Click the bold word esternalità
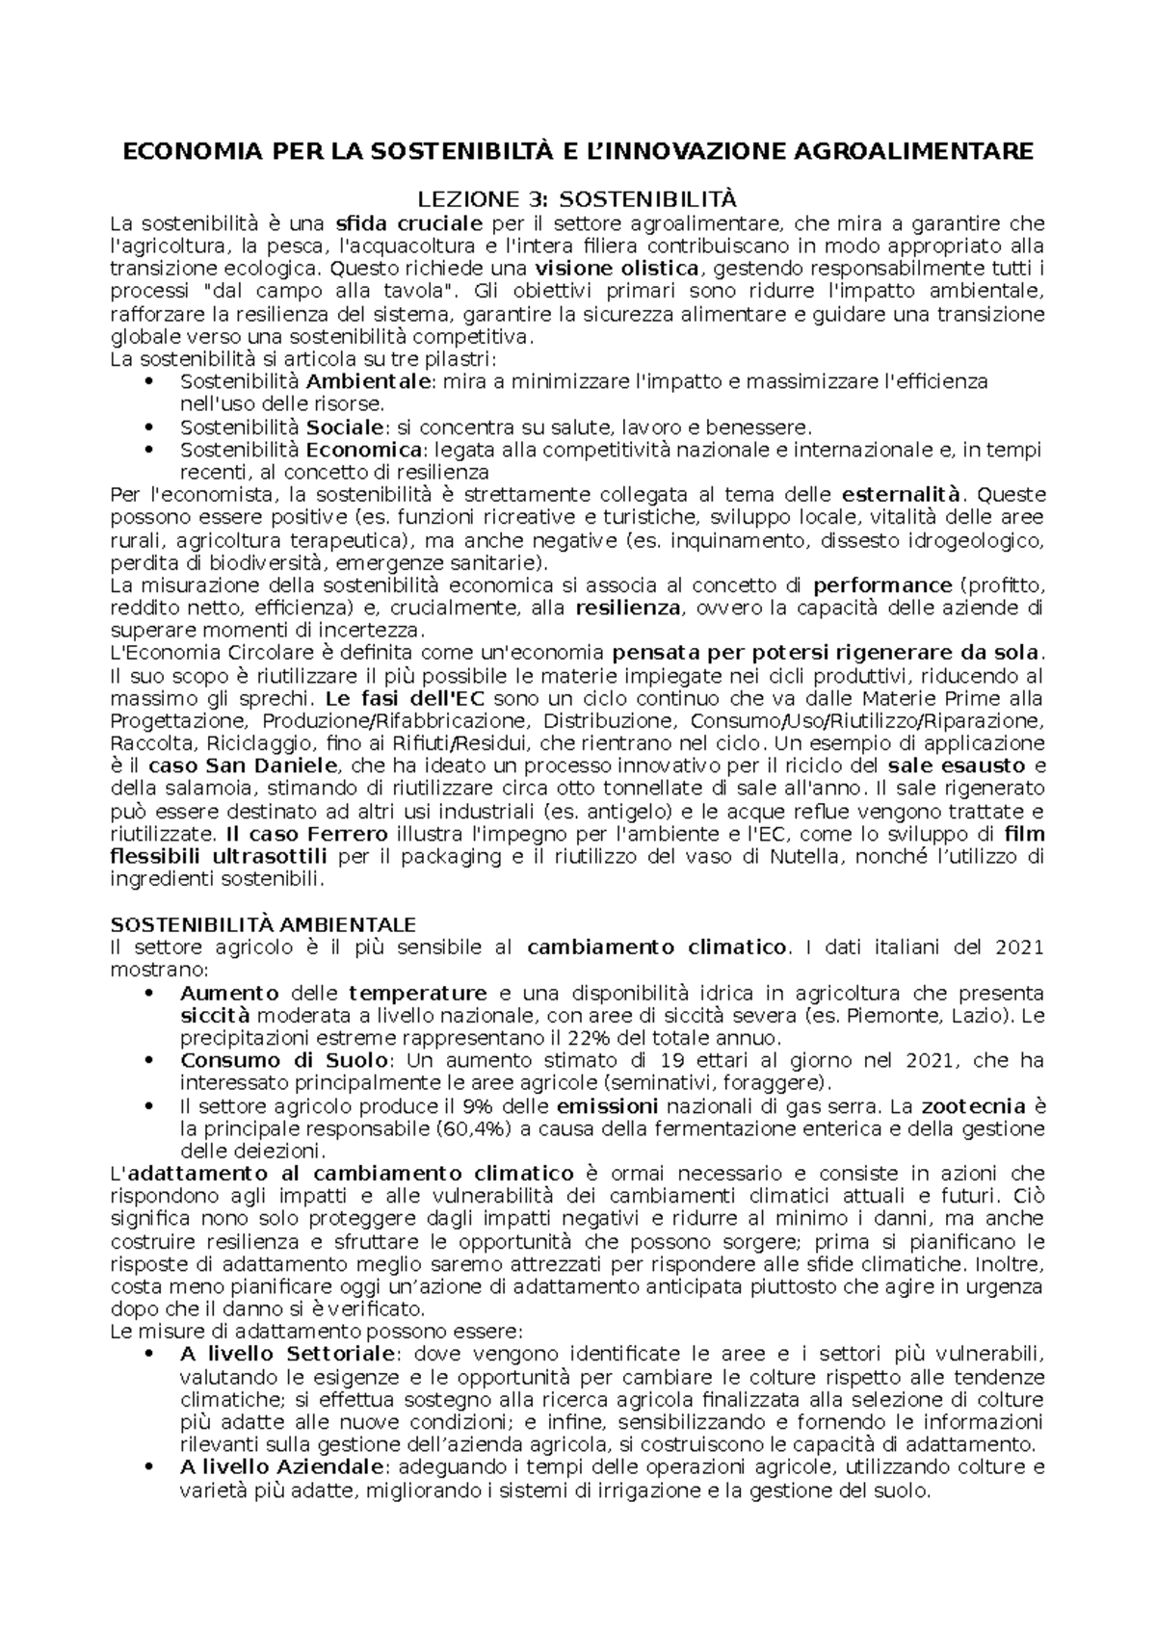tap(902, 495)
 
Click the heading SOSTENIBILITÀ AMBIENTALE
tap(263, 924)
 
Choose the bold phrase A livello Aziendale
tap(281, 1467)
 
